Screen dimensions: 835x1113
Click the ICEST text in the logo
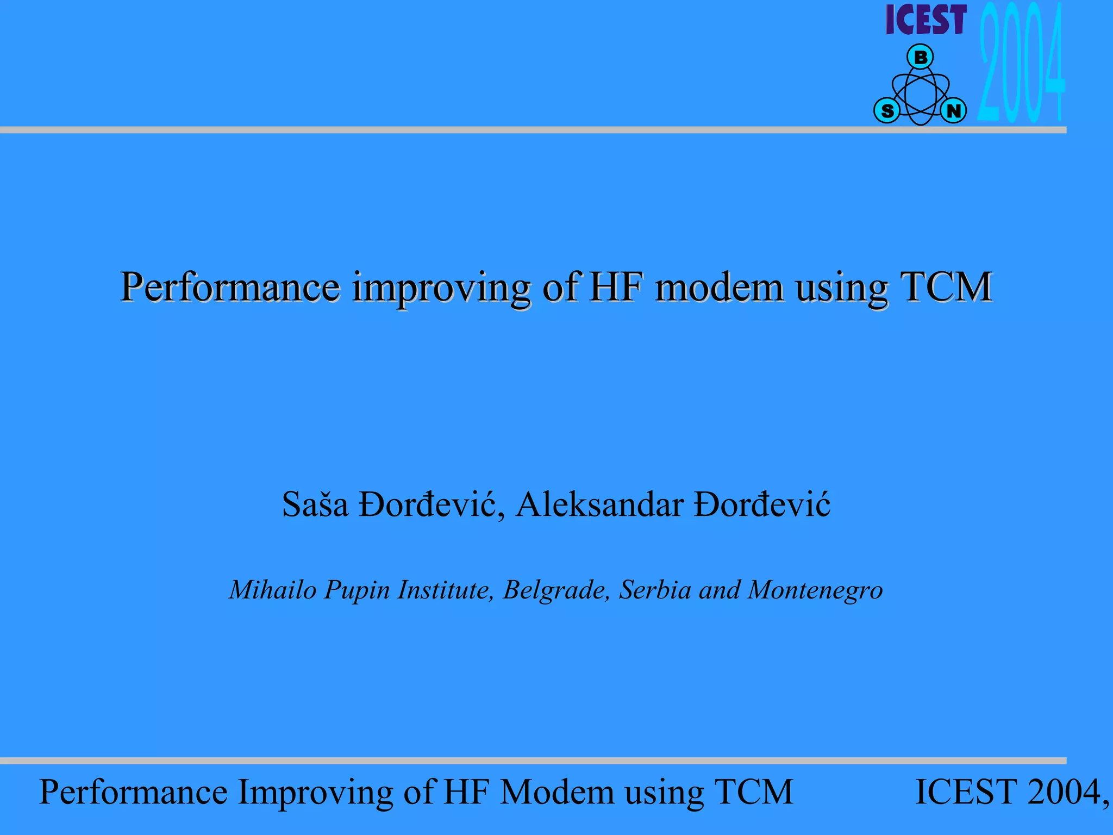(926, 20)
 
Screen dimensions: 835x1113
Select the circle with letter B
(920, 57)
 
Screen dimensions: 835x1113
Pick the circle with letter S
(887, 111)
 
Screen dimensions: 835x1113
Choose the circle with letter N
(953, 111)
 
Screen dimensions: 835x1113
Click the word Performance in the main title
(230, 287)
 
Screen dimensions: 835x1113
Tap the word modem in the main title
(719, 287)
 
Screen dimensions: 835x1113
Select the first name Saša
(315, 504)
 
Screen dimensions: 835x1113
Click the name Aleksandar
(599, 504)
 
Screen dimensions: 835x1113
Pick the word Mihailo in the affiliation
(272, 590)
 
